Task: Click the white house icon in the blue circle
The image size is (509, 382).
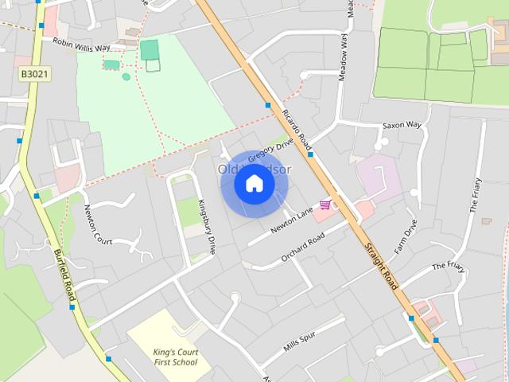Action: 254,184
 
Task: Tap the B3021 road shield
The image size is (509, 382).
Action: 34,73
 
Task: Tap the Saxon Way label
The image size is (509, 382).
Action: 402,125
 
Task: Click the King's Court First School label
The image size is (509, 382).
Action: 177,357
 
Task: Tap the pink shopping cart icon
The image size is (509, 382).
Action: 324,205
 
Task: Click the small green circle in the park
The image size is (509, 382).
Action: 126,76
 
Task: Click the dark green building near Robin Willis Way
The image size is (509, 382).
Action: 149,49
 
